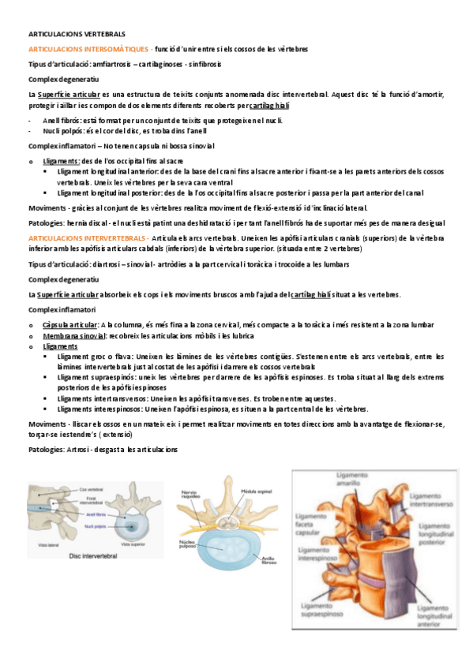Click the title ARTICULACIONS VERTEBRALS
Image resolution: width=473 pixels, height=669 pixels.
coord(77,36)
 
